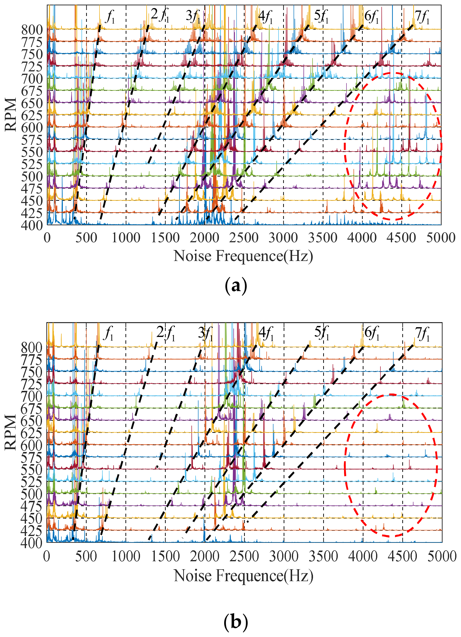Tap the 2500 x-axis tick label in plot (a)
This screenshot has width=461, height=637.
[x=244, y=238]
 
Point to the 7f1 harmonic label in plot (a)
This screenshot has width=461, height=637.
[x=422, y=17]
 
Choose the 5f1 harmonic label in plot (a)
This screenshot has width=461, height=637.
[x=321, y=16]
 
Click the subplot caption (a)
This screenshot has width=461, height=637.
[x=236, y=286]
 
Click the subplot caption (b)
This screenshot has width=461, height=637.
[x=236, y=622]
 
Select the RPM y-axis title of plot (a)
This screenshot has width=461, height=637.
[x=11, y=114]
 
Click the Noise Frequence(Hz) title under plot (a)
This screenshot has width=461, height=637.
[x=243, y=256]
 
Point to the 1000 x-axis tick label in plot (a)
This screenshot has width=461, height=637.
[x=125, y=238]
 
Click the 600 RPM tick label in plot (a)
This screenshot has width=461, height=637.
[x=32, y=127]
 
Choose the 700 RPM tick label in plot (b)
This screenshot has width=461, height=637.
[x=32, y=396]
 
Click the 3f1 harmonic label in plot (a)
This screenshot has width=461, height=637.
[x=193, y=16]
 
